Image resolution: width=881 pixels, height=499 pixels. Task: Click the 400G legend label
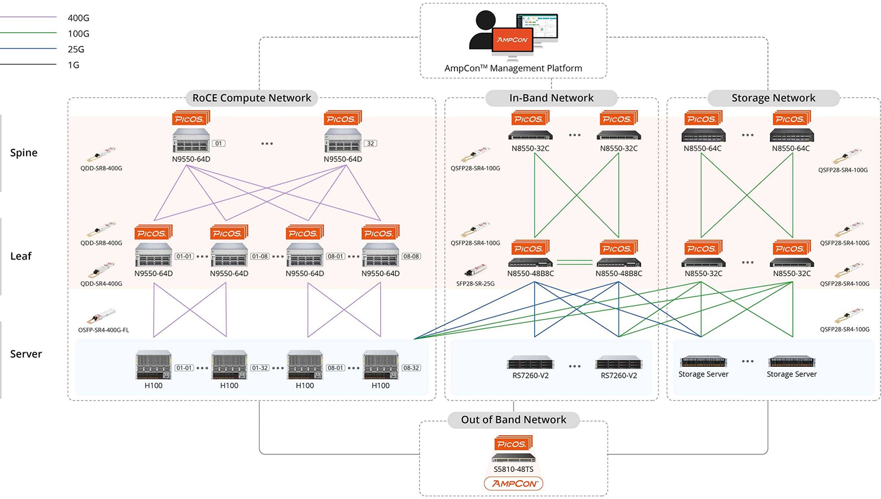coord(78,18)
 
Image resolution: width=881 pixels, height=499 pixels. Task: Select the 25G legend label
coord(76,50)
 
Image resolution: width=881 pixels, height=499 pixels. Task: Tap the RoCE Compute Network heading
coord(251,98)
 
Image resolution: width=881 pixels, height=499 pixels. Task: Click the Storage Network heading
coord(773,98)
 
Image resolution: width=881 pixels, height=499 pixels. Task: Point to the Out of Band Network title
coord(513,419)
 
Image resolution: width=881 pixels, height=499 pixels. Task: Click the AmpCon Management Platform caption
coord(513,68)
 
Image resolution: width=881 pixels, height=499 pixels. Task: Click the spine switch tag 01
coord(219,143)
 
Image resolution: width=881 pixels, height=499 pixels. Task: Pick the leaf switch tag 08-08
coord(411,256)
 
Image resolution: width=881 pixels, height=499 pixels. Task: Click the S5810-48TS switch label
coord(513,469)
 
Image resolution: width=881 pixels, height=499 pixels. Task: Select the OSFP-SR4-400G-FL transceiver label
coord(103,330)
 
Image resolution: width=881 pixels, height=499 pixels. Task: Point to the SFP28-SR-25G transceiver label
coord(475,283)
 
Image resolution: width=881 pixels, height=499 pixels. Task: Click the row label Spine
coord(24,152)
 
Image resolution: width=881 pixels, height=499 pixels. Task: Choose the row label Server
coord(26,354)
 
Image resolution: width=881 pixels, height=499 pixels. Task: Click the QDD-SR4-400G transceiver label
coord(101,283)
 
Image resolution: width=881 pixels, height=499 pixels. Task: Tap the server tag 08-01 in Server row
coord(335,368)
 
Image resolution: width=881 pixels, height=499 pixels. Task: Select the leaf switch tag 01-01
coord(184,256)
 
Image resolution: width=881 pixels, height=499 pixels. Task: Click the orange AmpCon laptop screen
coord(512,40)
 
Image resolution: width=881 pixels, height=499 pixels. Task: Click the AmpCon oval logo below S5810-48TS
coord(513,484)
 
